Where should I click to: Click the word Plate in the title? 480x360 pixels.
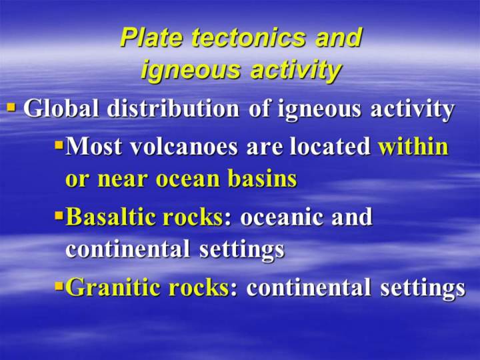152,37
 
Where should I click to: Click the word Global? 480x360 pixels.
61,109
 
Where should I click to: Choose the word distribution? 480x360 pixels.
173,109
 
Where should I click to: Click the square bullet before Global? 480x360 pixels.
11,107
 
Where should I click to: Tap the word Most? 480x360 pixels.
93,146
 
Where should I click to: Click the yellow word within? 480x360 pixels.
413,146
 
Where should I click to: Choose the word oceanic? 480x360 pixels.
281,217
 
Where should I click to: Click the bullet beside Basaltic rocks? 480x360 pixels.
59,215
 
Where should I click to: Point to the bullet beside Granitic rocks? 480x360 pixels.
59,287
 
